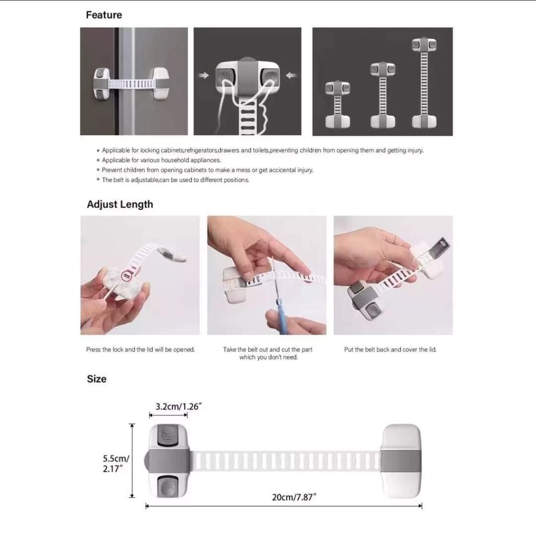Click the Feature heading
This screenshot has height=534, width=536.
pyautogui.click(x=104, y=15)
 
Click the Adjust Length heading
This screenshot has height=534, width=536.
pyautogui.click(x=120, y=204)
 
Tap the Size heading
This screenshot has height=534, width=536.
pyautogui.click(x=96, y=379)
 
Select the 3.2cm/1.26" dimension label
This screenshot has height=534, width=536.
pyautogui.click(x=178, y=406)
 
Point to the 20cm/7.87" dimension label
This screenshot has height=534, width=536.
pyautogui.click(x=294, y=497)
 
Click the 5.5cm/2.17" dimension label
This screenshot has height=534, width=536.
pyautogui.click(x=116, y=464)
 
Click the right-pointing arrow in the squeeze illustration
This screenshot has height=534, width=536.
pyautogui.click(x=203, y=76)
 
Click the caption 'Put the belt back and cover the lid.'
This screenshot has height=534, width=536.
pyautogui.click(x=390, y=350)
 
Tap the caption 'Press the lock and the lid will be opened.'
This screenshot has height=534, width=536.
pyautogui.click(x=140, y=350)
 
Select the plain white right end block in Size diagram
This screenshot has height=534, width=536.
pyautogui.click(x=401, y=461)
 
